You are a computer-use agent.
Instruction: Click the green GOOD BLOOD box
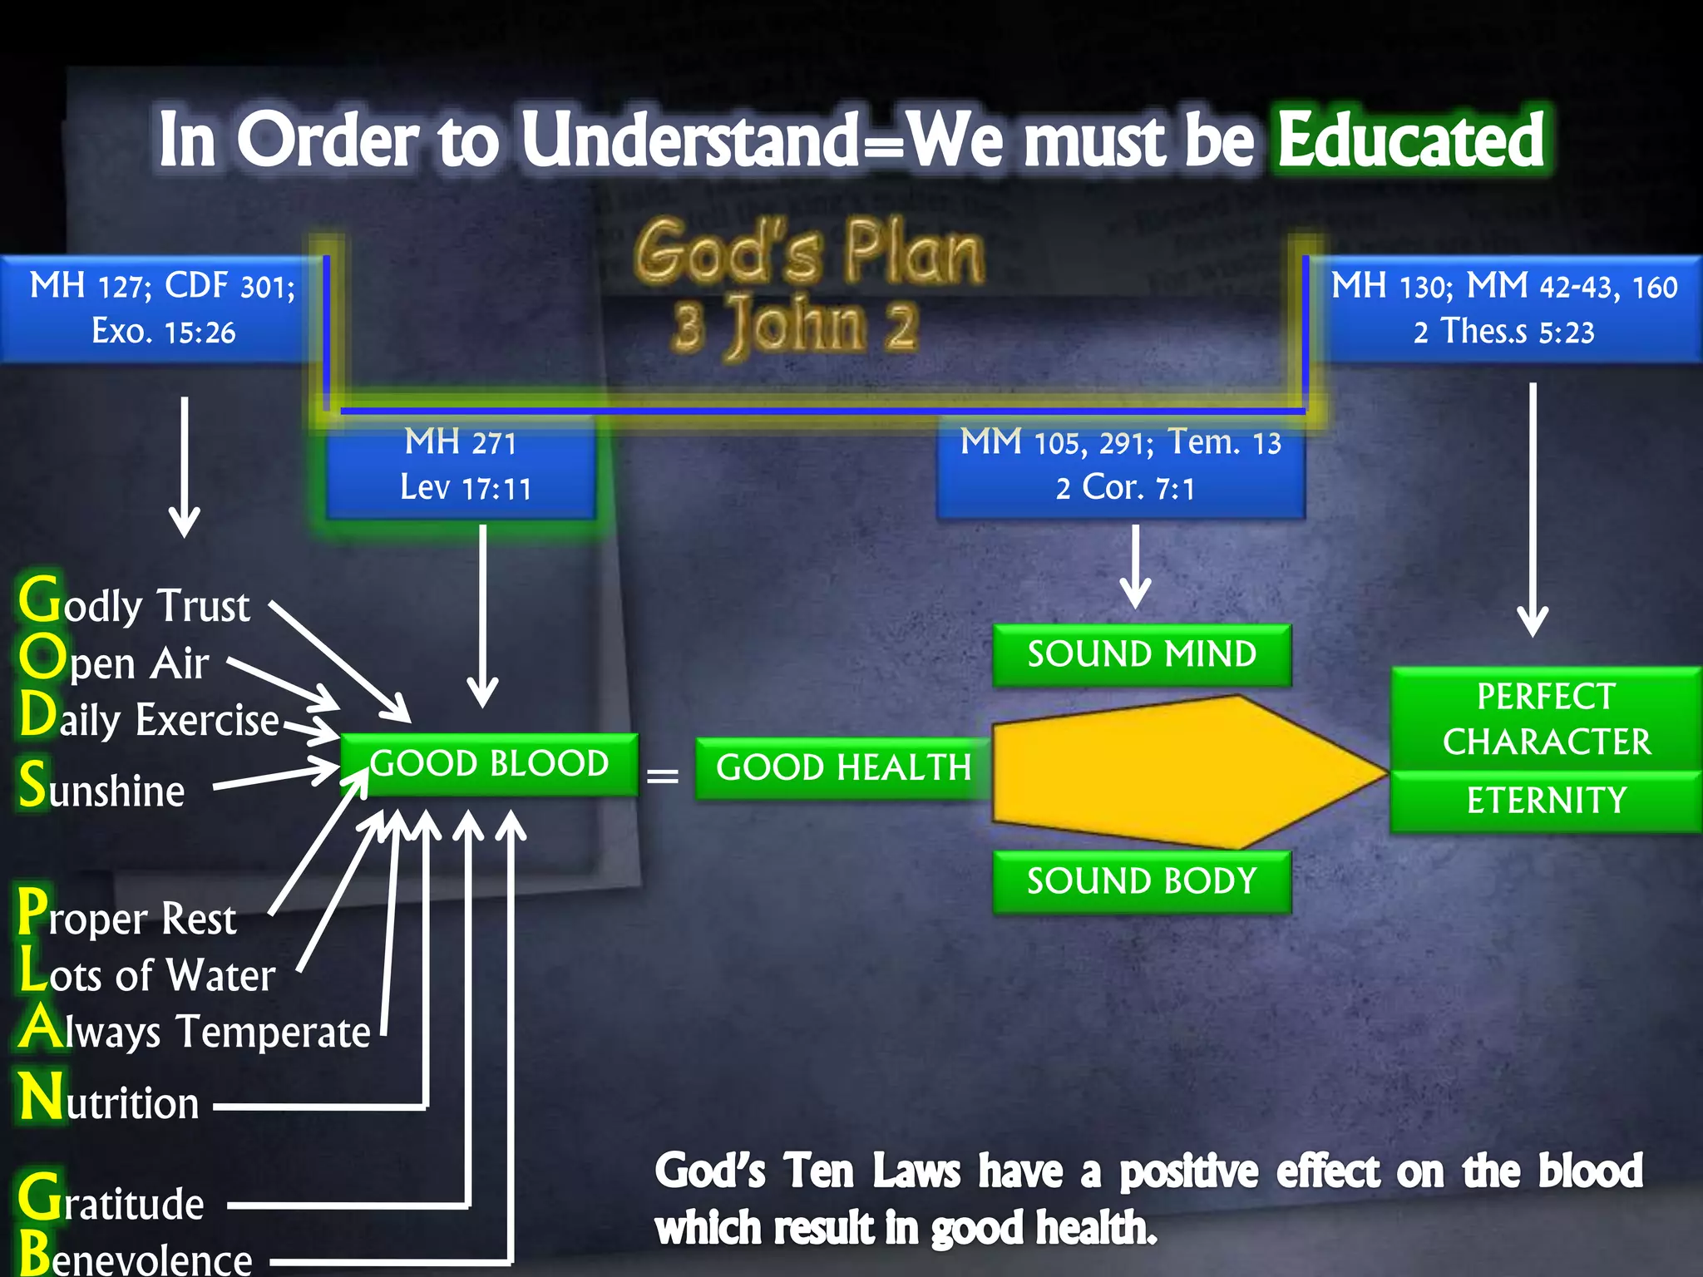490,764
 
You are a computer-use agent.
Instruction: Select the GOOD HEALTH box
843,767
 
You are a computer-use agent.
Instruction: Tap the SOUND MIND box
1142,654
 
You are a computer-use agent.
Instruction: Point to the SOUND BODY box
1142,881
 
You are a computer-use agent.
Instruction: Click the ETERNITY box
1546,801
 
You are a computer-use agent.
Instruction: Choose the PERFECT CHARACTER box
1546,718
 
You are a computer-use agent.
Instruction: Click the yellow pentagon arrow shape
1181,772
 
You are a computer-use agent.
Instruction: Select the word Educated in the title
1410,140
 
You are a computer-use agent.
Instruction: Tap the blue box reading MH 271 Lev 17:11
462,466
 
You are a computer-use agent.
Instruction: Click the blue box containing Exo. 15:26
163,308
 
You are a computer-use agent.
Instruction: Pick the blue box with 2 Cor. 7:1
1121,466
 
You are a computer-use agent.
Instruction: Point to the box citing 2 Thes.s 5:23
1505,308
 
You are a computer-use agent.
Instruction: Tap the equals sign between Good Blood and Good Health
663,776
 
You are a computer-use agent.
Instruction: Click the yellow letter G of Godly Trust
39,600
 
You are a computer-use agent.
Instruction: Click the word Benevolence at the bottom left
136,1258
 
